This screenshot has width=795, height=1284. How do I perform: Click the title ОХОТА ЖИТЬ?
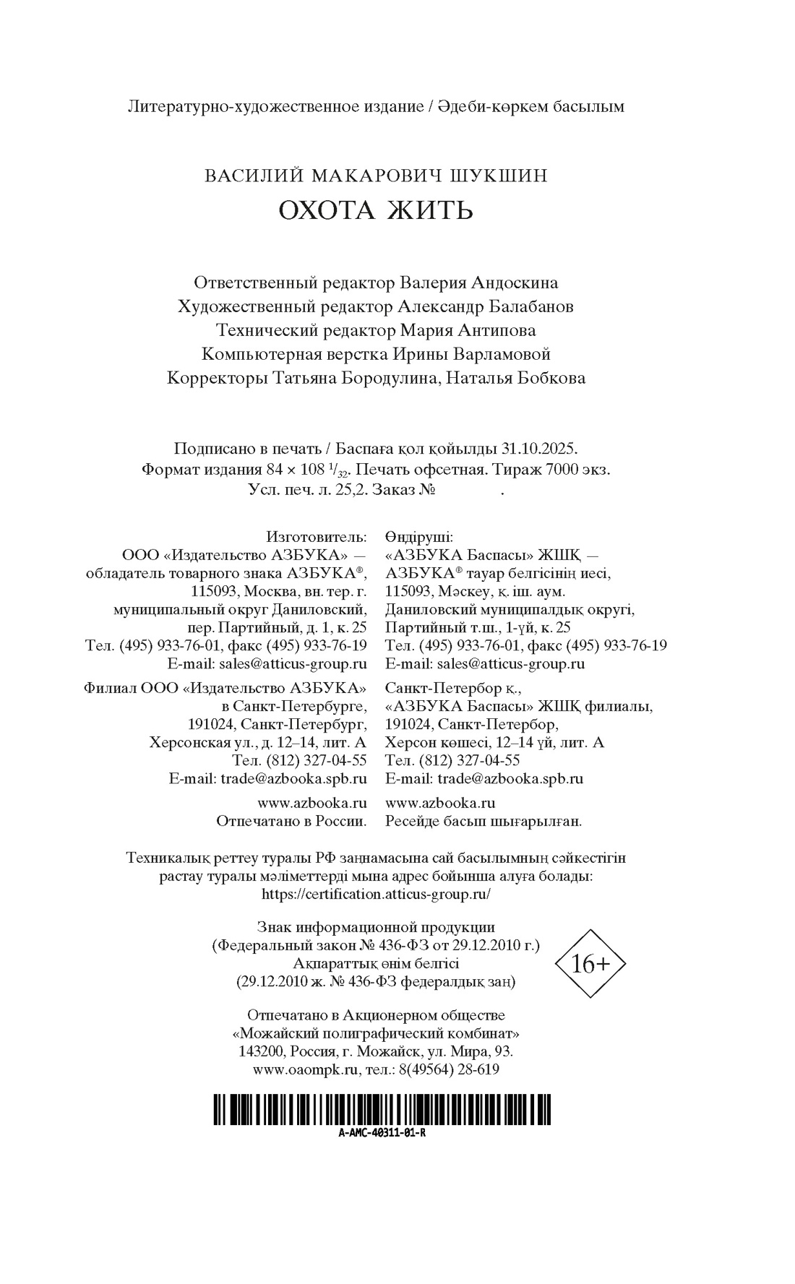376,210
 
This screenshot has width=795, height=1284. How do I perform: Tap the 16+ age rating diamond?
590,963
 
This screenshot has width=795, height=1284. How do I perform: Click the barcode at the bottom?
381,1109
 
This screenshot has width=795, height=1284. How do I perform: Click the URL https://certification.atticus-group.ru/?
376,894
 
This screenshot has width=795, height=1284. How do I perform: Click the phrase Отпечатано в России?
292,821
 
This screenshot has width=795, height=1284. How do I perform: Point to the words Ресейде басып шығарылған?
484,821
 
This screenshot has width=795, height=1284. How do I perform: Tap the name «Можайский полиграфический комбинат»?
376,1033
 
